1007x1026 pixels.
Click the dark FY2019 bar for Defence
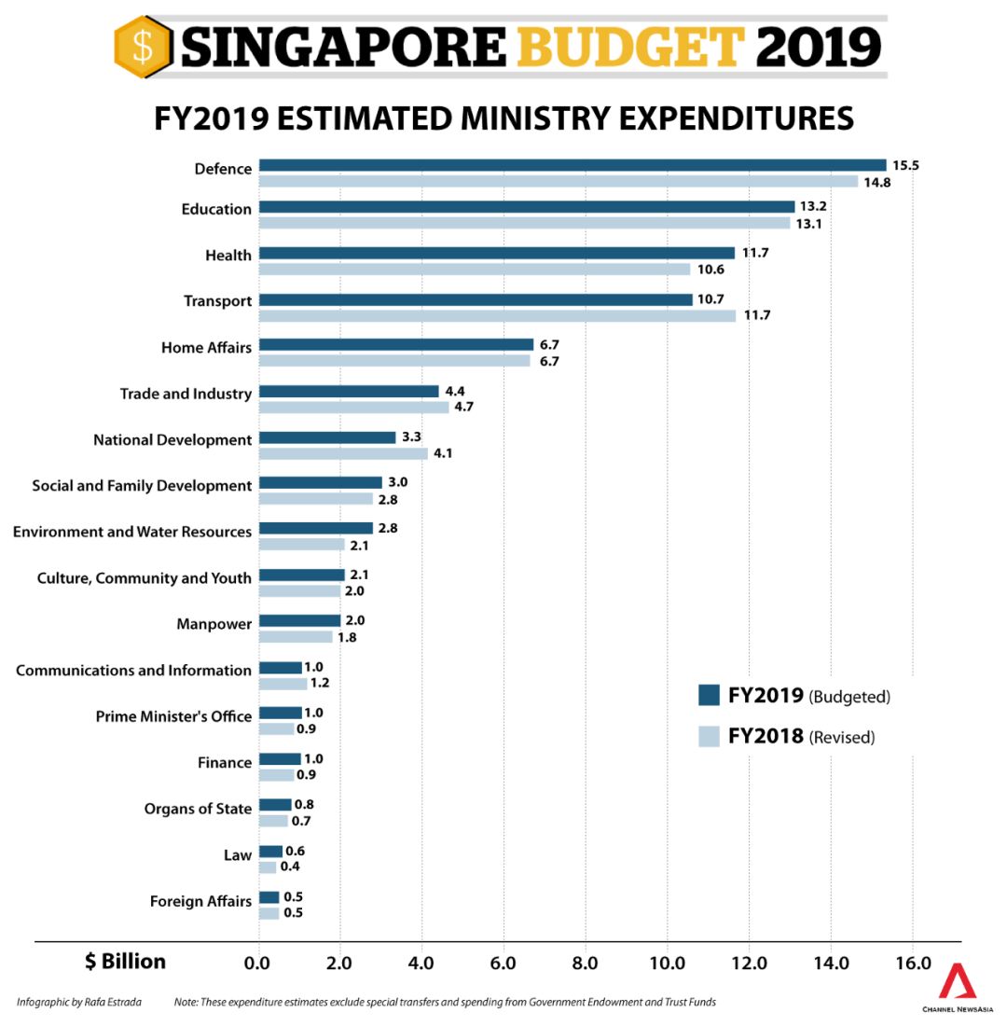(572, 165)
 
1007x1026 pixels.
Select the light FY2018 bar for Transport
(496, 315)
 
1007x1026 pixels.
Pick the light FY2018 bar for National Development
(343, 453)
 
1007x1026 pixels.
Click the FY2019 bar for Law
(270, 851)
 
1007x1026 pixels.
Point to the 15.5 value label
(905, 165)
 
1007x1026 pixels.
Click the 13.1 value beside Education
(808, 224)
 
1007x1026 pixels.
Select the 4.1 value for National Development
(443, 454)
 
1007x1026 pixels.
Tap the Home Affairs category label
(206, 348)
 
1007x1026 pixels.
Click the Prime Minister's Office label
(173, 716)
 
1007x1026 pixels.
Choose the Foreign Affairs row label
(200, 901)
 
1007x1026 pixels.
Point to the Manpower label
(214, 624)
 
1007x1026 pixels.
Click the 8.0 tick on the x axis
(585, 963)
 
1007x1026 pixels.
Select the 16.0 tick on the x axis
(912, 963)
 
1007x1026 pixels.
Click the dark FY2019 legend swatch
(709, 696)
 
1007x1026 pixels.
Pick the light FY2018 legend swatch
(709, 736)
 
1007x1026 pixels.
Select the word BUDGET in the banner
(629, 46)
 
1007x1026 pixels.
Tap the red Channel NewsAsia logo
(957, 982)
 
